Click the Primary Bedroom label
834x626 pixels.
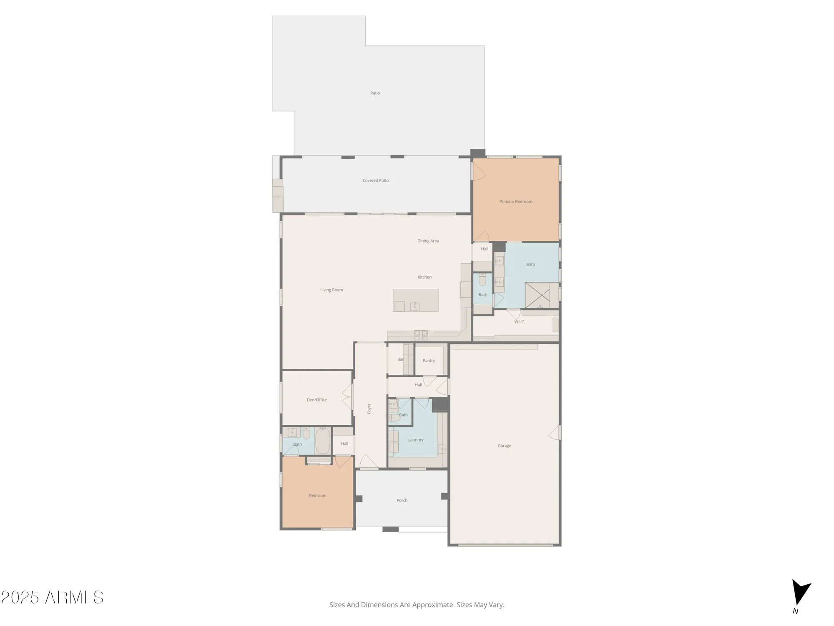click(516, 202)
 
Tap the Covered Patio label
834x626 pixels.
click(375, 181)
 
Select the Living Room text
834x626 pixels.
click(332, 290)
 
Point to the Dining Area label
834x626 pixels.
click(428, 241)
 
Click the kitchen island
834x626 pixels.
click(415, 300)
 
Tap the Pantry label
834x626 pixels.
click(429, 361)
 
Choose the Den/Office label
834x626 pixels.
click(317, 400)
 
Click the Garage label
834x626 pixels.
click(504, 446)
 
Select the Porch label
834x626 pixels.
click(402, 500)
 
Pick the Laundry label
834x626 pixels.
click(416, 440)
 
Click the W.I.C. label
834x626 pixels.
click(519, 322)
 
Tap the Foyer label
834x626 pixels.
click(369, 409)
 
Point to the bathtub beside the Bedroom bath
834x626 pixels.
click(322, 441)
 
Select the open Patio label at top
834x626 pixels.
click(375, 93)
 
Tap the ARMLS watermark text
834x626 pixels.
click(74, 598)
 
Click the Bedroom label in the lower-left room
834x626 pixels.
click(318, 496)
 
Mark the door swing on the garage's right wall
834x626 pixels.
click(555, 433)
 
